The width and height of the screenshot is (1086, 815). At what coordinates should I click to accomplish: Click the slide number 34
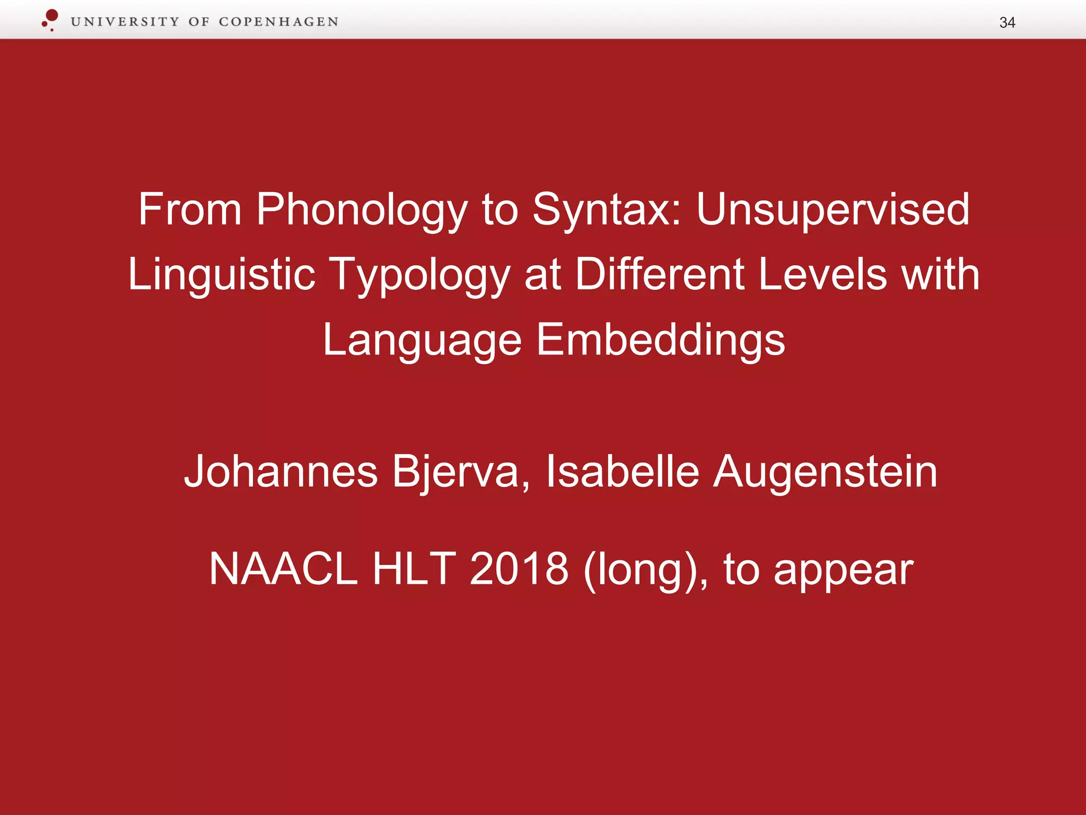[1006, 22]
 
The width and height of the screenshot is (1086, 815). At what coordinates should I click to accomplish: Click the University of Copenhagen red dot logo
[50, 19]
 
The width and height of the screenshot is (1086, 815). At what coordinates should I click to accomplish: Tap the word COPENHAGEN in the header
[278, 22]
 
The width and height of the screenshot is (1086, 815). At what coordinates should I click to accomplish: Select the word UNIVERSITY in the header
[125, 22]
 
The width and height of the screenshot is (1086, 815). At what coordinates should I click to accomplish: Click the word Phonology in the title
[362, 210]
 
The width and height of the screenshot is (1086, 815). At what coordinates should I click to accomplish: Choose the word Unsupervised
[833, 210]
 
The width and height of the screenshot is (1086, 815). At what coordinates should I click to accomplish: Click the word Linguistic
[222, 275]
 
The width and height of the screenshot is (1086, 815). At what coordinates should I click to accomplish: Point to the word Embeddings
[660, 341]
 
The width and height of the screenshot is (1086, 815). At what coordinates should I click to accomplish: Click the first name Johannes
[281, 471]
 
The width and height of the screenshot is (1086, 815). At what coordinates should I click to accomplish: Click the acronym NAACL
[284, 569]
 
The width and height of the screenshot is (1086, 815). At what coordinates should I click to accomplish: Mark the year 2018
[519, 569]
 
